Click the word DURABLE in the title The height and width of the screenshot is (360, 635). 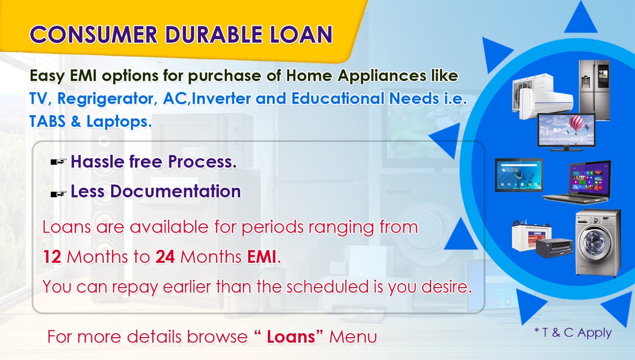click(214, 35)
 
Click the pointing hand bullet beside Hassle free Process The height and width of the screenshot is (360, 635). click(59, 162)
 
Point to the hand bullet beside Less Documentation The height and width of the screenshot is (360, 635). click(59, 194)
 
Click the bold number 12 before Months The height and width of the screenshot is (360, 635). click(52, 257)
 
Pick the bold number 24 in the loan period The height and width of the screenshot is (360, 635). click(165, 257)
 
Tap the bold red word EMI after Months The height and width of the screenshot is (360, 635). click(261, 257)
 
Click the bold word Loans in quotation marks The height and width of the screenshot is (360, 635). click(291, 337)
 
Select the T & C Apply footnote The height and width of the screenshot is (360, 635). click(573, 333)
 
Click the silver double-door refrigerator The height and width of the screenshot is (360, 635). click(594, 90)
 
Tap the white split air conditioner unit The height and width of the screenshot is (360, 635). click(542, 96)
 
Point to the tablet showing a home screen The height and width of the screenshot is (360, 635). click(519, 175)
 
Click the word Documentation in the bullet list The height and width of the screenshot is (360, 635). click(176, 191)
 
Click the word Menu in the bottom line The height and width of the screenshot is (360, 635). click(353, 337)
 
